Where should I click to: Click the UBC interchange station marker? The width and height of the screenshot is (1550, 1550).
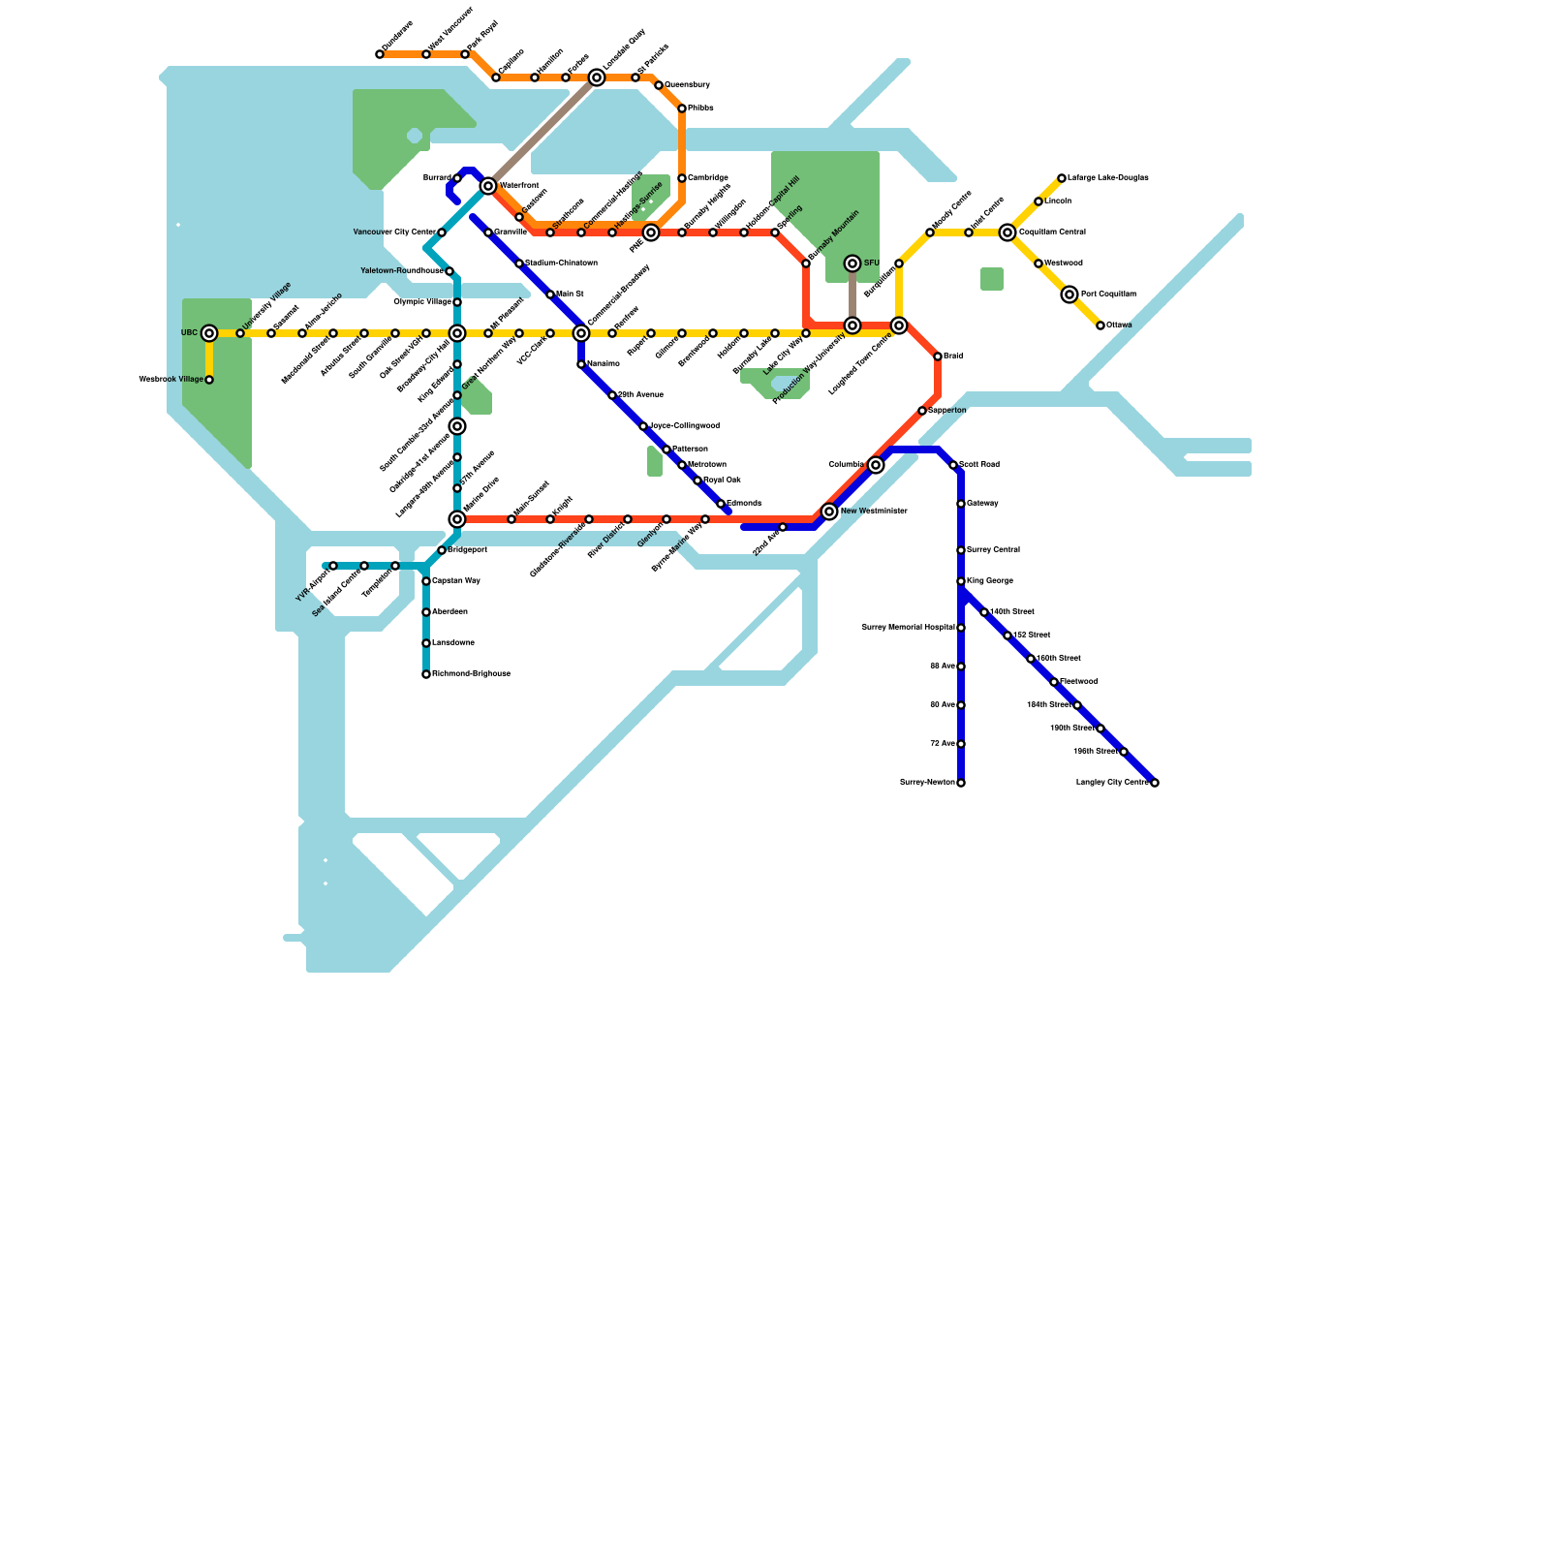tap(209, 333)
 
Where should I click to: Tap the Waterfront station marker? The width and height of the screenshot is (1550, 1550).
tap(488, 186)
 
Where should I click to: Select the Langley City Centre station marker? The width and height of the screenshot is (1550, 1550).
tap(1155, 783)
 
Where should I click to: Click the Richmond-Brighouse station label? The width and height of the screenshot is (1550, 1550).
tap(471, 674)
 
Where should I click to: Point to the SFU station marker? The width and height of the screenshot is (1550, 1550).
tap(852, 263)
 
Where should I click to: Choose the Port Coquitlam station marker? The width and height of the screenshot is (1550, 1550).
tap(1069, 294)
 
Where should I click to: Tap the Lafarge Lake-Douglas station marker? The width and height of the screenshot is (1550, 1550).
tap(1062, 178)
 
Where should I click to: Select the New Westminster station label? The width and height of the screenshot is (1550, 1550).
tap(873, 511)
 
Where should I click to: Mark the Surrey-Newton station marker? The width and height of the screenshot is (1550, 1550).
tap(961, 783)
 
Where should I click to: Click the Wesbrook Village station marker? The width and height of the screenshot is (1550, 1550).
tap(209, 380)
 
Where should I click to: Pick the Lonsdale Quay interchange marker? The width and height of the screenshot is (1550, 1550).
tap(597, 77)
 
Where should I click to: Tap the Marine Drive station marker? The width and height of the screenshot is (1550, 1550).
tap(457, 519)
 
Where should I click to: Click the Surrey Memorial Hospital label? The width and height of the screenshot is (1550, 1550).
tap(908, 628)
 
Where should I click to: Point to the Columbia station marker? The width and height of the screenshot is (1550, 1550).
tap(876, 465)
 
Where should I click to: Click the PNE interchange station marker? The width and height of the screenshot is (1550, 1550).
tap(651, 232)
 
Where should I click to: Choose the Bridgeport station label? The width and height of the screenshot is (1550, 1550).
tap(468, 550)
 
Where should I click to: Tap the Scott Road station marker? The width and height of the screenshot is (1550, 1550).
tap(953, 465)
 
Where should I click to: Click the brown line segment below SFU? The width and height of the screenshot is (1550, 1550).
tap(852, 294)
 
